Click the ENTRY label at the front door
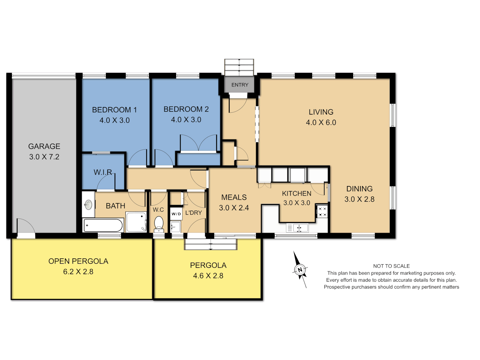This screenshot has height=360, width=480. pos(240,85)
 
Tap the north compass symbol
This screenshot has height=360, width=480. pos(300,270)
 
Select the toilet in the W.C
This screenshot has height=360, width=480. pos(159,224)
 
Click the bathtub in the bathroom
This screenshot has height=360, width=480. pos(103,225)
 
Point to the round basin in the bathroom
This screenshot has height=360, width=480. pos(88,205)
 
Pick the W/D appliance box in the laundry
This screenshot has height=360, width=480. pos(176,214)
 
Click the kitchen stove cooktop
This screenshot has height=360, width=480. pos(322,212)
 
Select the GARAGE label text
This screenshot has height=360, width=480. pos(44,146)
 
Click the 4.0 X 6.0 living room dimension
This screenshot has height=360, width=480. pos(321,123)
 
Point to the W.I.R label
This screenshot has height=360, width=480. pos(103,172)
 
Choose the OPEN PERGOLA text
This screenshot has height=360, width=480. pos(78,261)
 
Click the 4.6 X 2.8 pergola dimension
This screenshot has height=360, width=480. pos(208,276)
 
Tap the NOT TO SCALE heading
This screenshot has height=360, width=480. pos(391,266)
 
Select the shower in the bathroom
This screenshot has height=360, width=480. pos(136,222)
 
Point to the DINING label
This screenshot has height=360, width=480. pos(359,189)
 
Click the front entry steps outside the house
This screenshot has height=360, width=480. pos(239,67)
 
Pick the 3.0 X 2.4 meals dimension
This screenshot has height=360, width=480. pos(234,208)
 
